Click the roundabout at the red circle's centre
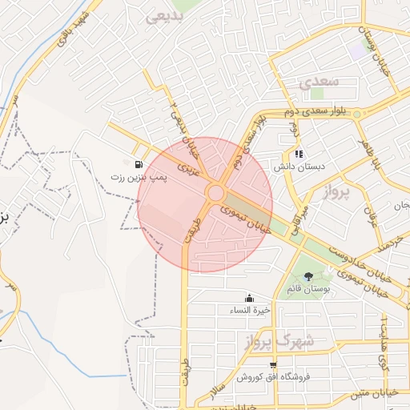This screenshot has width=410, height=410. coord(215,193)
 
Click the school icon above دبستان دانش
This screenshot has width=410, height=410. coord(299,155)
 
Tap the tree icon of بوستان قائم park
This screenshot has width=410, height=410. coord(309,276)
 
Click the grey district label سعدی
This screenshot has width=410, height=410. coord(320,82)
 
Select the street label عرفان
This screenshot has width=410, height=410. coord(369,211)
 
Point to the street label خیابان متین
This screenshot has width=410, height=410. coord(377,393)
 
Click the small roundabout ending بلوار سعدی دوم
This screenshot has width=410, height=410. coord(357,115)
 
